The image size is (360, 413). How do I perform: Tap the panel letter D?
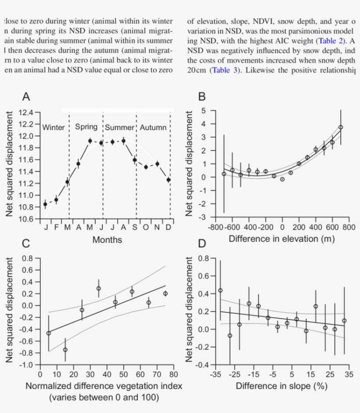click(x=202, y=243)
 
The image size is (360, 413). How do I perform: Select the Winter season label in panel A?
click(x=53, y=128)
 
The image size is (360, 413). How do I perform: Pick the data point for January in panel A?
click(x=45, y=204)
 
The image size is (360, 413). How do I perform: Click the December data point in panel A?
click(x=169, y=180)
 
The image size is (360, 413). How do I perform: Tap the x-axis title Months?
click(x=107, y=240)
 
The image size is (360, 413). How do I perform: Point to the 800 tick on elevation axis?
click(x=349, y=228)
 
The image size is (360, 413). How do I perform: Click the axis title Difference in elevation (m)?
click(x=281, y=239)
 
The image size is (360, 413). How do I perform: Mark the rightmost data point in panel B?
click(x=341, y=127)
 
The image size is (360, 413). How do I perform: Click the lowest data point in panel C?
click(x=65, y=350)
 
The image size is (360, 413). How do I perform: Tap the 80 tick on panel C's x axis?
click(x=173, y=374)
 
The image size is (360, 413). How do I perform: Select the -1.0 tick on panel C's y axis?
click(x=26, y=365)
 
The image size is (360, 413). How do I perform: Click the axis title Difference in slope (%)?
click(x=281, y=386)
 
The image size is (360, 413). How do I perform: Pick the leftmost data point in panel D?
click(x=220, y=290)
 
